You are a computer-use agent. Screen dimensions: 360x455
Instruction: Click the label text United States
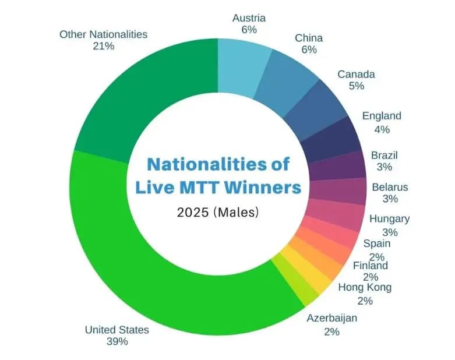click(117, 330)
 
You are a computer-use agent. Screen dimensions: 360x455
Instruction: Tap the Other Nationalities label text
click(103, 34)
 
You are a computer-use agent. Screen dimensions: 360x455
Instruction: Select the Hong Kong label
click(365, 287)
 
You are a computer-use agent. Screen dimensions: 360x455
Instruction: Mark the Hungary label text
click(389, 219)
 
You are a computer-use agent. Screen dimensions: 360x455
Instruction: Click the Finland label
click(370, 266)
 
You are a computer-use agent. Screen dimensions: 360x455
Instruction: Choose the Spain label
click(376, 243)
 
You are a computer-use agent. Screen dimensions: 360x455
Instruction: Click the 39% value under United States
click(117, 341)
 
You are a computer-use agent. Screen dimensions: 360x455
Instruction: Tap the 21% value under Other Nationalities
click(103, 46)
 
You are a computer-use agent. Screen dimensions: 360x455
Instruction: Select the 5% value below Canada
click(357, 86)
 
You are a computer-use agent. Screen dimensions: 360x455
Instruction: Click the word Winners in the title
click(265, 187)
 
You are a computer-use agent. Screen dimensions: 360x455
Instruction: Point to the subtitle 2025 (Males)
click(218, 213)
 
